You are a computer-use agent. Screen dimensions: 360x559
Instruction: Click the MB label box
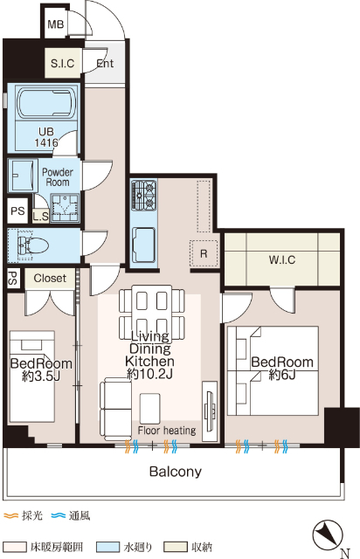[x=55, y=24]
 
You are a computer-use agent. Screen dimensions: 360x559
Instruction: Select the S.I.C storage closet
[x=62, y=63]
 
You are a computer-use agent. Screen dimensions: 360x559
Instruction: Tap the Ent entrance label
[x=105, y=64]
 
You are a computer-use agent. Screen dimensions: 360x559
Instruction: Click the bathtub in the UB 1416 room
[x=46, y=103]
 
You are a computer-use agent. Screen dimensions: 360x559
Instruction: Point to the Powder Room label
[x=58, y=176]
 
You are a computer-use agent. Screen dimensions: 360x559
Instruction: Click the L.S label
[x=41, y=216]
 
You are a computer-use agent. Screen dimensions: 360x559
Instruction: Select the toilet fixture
[x=33, y=245]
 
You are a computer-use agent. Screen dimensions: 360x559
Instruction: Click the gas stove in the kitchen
[x=143, y=195]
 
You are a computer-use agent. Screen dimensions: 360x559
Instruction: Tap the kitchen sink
[x=143, y=245]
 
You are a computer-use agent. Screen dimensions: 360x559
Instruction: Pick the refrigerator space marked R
[x=204, y=253]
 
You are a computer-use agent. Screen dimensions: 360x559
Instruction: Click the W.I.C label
[x=282, y=259]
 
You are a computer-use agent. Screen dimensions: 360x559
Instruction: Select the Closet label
[x=50, y=278]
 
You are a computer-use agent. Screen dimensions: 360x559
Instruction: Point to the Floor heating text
[x=167, y=431]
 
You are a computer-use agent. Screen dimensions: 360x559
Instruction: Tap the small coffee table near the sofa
[x=149, y=409]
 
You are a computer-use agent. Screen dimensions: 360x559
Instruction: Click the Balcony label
[x=175, y=472]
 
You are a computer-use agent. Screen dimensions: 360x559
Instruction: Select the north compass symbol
[x=328, y=535]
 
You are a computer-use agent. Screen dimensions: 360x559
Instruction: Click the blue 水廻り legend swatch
[x=108, y=547]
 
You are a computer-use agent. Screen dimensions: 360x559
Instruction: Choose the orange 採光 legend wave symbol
[x=10, y=515]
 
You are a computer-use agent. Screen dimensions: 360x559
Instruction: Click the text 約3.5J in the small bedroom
[x=41, y=376]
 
